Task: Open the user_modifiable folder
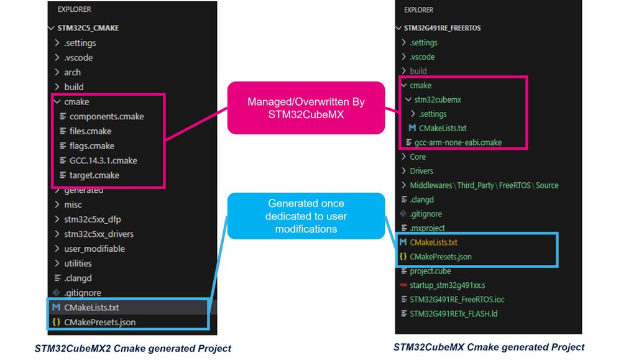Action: (x=94, y=249)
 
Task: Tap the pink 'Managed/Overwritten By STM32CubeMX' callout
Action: (x=306, y=108)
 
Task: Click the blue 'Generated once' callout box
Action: (x=306, y=216)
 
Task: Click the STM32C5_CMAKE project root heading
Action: (x=88, y=28)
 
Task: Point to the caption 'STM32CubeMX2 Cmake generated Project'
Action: (x=132, y=349)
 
